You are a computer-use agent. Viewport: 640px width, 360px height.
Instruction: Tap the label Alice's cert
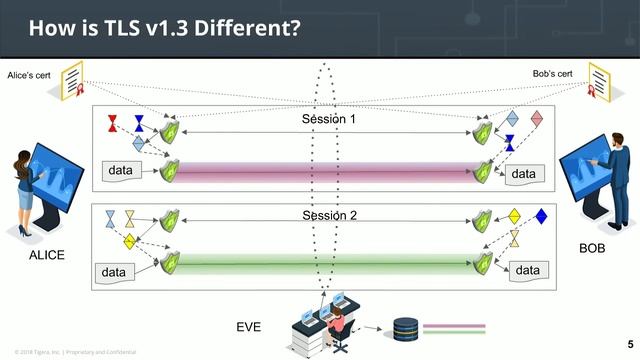coord(30,76)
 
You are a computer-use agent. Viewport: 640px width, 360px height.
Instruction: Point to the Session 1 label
coord(329,120)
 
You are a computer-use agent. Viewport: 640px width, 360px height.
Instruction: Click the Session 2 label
coord(329,215)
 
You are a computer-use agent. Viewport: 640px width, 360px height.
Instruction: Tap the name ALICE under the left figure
coord(46,255)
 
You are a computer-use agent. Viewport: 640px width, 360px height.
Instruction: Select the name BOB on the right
coord(593,246)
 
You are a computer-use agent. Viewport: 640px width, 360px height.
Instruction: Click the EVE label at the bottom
coord(248,327)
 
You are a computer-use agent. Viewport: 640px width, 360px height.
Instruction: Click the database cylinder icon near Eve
coord(404,328)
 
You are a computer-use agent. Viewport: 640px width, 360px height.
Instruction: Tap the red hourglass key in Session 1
coord(112,125)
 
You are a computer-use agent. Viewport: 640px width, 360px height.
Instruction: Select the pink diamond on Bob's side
coord(537,119)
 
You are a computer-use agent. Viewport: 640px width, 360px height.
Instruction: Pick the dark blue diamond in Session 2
coord(541,215)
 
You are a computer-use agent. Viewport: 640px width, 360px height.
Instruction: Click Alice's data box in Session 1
coord(120,172)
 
